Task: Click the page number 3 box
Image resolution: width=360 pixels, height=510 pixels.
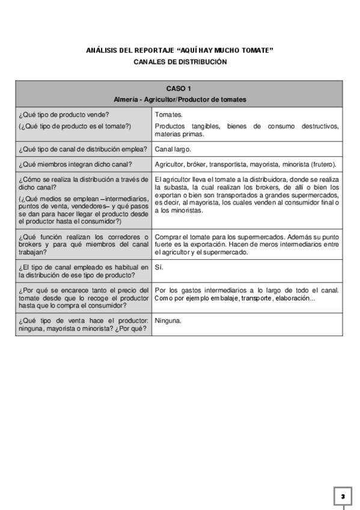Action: (x=343, y=496)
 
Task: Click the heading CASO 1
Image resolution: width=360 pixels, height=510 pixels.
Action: (x=179, y=88)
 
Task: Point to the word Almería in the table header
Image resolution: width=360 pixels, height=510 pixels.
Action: (x=125, y=99)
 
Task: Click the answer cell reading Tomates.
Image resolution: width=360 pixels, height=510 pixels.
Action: (x=169, y=114)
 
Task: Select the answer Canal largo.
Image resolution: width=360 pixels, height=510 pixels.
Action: (x=173, y=149)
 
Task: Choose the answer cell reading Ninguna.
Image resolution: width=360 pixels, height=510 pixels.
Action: (x=168, y=321)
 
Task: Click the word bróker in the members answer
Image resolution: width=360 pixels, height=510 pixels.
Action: (x=197, y=164)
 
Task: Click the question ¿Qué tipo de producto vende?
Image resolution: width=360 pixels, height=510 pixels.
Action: (x=64, y=114)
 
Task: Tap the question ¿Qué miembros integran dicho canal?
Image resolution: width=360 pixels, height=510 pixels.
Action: (x=76, y=164)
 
